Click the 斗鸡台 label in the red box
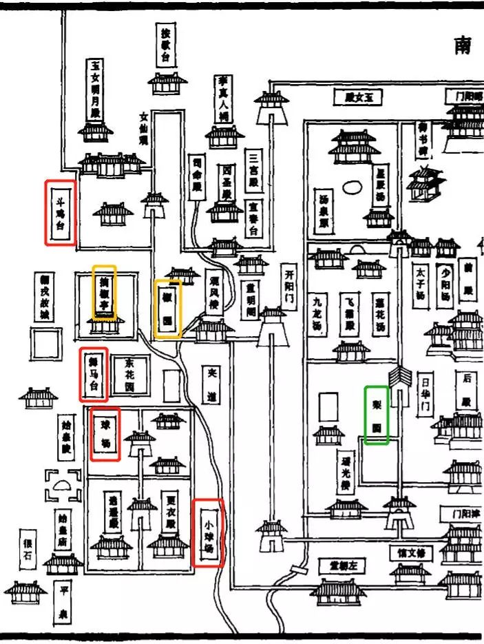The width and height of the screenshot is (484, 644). pyautogui.click(x=61, y=212)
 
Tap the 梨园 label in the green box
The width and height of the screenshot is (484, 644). pyautogui.click(x=377, y=415)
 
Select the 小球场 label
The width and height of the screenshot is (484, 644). pyautogui.click(x=208, y=532)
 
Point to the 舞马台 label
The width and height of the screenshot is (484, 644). pyautogui.click(x=94, y=375)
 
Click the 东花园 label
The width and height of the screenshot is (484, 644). pyautogui.click(x=129, y=377)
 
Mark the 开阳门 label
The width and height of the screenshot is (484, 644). pyautogui.click(x=290, y=287)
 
